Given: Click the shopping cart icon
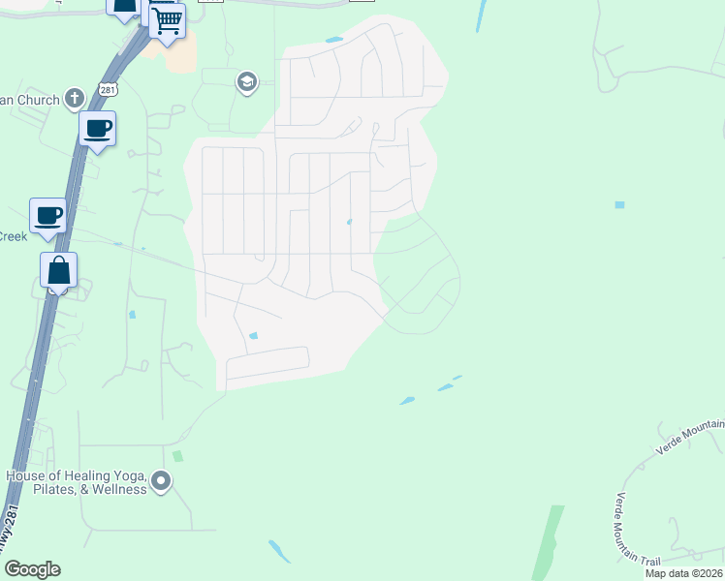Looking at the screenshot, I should [x=168, y=19].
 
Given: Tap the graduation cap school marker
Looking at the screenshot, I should [x=246, y=82].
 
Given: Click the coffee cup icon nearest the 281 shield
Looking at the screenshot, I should [x=97, y=128].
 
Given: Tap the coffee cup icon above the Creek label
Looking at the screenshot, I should [x=47, y=215].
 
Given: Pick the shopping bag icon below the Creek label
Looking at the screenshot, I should [x=58, y=271].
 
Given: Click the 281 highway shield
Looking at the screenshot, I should [x=106, y=90].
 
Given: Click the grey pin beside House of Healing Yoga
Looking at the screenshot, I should [x=161, y=480].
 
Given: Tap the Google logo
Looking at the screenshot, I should [x=32, y=569].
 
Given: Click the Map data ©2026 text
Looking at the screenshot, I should [x=684, y=573].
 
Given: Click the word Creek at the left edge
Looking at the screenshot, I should [x=13, y=236].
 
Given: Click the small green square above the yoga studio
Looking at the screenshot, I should [x=177, y=455].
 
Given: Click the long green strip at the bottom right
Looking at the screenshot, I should [x=546, y=542].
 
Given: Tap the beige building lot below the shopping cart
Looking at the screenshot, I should [x=181, y=53].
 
